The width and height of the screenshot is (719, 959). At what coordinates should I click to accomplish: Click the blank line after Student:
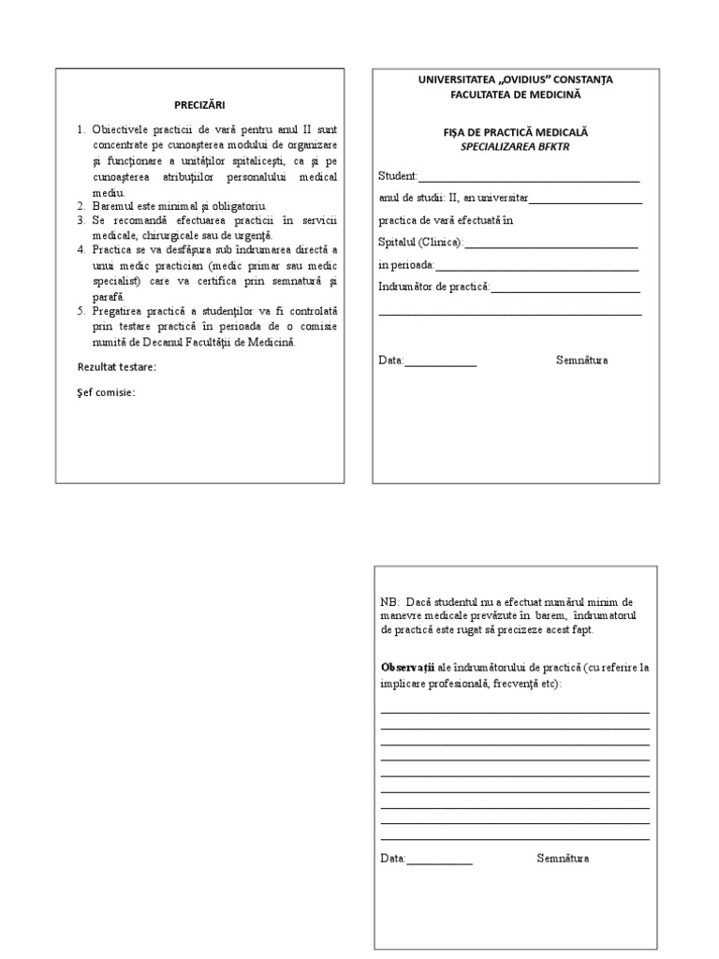pos(529,176)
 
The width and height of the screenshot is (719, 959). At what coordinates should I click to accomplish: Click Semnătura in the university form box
pos(581,360)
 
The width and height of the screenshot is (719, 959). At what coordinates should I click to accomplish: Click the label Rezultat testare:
pos(116,366)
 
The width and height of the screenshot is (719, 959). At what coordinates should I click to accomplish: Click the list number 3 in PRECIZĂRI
pos(81,219)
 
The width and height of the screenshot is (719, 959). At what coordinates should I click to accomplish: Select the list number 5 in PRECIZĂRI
pos(81,309)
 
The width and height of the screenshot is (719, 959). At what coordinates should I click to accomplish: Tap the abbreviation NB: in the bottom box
pos(389,601)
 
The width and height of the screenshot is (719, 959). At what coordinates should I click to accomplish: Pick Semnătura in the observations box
pos(563,858)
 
